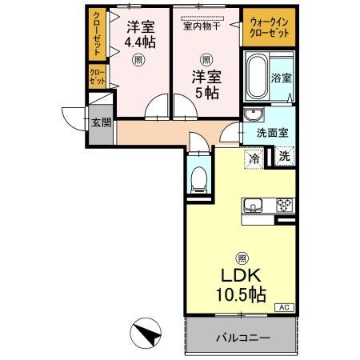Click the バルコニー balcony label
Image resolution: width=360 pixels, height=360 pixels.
242,338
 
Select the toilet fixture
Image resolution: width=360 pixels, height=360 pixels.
199,178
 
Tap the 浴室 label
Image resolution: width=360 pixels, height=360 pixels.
282,78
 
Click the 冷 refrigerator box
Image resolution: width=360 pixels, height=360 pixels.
254,158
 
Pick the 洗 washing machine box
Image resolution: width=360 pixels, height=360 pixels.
284,158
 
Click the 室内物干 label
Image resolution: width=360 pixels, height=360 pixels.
204,25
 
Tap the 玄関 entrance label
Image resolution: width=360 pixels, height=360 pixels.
100,123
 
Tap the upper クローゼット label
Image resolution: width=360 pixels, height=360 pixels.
97,32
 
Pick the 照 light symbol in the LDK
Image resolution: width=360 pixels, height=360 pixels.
240,258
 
